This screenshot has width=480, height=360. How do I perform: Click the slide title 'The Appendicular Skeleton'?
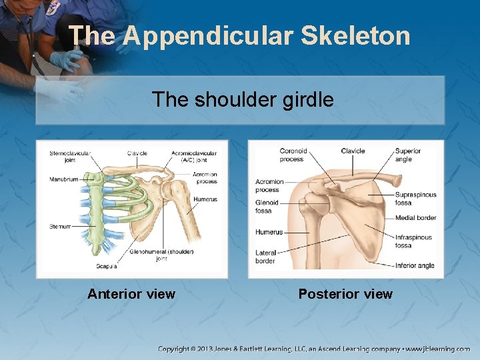click(x=239, y=36)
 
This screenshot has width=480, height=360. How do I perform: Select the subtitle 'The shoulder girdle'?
click(x=243, y=99)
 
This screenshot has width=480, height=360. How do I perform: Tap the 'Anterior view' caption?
click(x=131, y=294)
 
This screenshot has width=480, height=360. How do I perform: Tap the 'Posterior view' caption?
click(x=345, y=294)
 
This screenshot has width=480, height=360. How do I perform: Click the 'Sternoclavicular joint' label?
click(x=70, y=157)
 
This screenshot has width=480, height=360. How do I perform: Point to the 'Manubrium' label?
click(x=64, y=179)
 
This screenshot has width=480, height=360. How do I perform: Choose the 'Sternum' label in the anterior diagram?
click(x=60, y=227)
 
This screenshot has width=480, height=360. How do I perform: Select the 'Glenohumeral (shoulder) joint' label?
click(x=161, y=255)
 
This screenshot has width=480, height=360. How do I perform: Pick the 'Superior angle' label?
click(x=407, y=155)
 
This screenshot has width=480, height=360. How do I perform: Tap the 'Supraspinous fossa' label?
click(x=415, y=199)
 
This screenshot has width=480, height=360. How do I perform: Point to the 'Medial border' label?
click(x=415, y=218)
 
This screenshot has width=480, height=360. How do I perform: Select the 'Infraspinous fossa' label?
click(x=413, y=241)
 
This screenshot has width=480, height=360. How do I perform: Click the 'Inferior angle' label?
click(x=414, y=265)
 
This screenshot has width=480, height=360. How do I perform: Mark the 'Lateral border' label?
click(x=265, y=257)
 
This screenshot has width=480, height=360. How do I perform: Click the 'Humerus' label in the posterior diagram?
click(x=269, y=232)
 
